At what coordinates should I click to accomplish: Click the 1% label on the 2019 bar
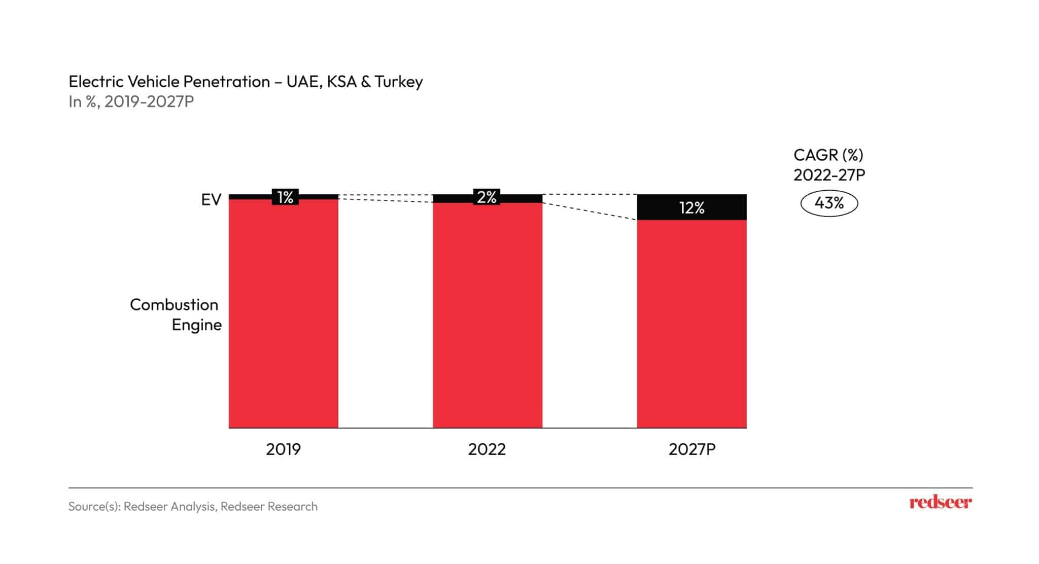[x=285, y=197]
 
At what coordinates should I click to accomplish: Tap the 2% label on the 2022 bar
[x=487, y=197]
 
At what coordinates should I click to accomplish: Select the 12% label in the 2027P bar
[x=691, y=208]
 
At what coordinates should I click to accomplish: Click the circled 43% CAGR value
[x=828, y=203]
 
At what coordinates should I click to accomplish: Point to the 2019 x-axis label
[x=283, y=449]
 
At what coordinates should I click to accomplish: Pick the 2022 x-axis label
[x=487, y=449]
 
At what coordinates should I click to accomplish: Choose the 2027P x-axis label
[x=691, y=449]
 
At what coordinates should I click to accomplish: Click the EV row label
[x=211, y=200]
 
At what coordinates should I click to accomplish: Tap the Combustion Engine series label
[x=176, y=314]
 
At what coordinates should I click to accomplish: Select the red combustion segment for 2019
[x=283, y=314]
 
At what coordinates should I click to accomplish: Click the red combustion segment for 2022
[x=487, y=314]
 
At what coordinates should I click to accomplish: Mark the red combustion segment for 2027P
[x=691, y=325]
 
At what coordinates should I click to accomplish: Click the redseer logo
[x=940, y=503]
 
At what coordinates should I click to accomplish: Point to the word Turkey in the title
[x=399, y=82]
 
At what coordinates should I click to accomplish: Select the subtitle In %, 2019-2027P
[x=131, y=102]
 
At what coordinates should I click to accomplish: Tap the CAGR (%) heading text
[x=828, y=155]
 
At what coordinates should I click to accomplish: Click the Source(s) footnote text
[x=193, y=506]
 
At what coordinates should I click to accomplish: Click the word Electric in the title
[x=96, y=82]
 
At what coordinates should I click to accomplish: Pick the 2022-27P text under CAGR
[x=829, y=175]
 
